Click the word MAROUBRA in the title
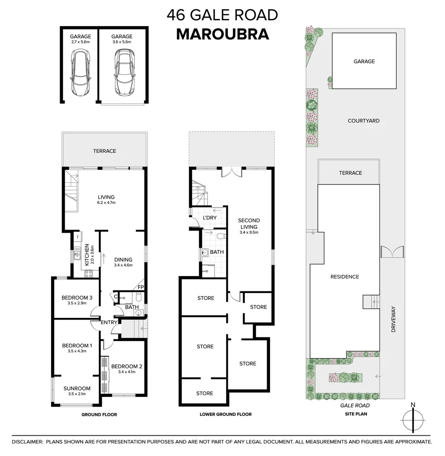pos(222,34)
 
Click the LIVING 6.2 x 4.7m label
pos(106,199)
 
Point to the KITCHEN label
pos(87,255)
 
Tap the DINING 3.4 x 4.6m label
pos(123,262)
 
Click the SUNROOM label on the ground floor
pos(77,391)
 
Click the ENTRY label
pos(109,323)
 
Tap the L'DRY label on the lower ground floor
pos(210,217)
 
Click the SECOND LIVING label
pos(249,226)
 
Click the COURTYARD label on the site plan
pos(363,121)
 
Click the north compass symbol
pos(412,419)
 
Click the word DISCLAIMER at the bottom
pos(27,442)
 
